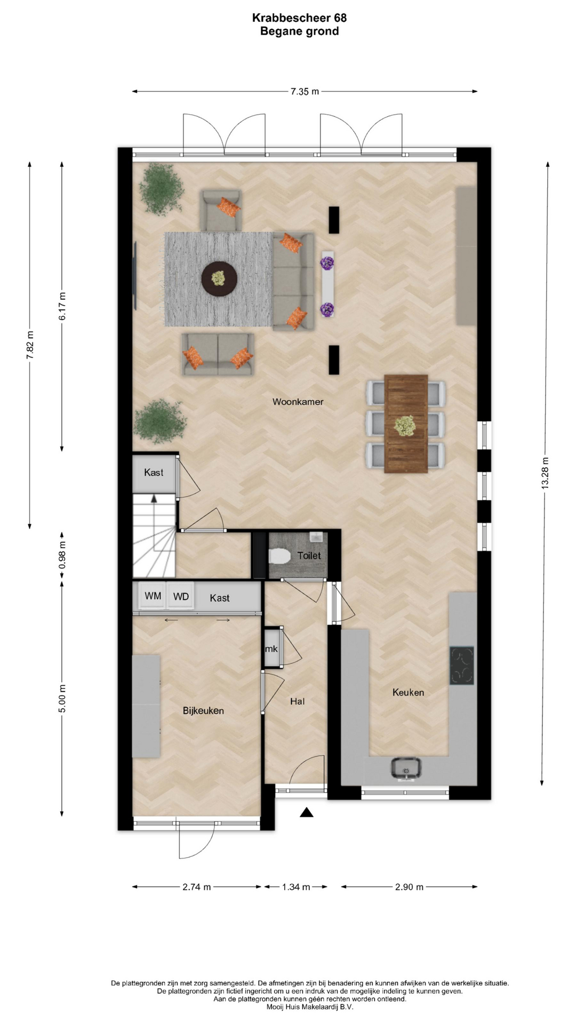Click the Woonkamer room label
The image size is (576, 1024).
pyautogui.click(x=298, y=402)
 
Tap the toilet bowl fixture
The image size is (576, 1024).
pyautogui.click(x=279, y=556)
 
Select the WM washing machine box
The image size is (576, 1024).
pyautogui.click(x=153, y=596)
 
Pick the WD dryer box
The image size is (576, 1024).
pyautogui.click(x=181, y=596)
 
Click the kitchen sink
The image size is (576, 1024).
pyautogui.click(x=406, y=768)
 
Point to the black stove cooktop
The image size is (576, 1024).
pyautogui.click(x=462, y=665)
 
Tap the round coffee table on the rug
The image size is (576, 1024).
pyautogui.click(x=219, y=278)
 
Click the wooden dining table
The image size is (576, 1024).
pyautogui.click(x=406, y=423)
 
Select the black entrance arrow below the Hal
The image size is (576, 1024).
pyautogui.click(x=306, y=812)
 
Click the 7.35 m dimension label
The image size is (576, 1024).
pyautogui.click(x=305, y=91)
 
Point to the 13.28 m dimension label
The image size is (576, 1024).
pyautogui.click(x=545, y=473)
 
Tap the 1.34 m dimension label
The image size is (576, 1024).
pyautogui.click(x=296, y=887)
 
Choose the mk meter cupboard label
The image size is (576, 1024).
pyautogui.click(x=271, y=649)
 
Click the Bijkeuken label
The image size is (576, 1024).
pyautogui.click(x=203, y=710)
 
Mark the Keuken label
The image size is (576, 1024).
pyautogui.click(x=409, y=692)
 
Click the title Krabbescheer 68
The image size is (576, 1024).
pyautogui.click(x=299, y=18)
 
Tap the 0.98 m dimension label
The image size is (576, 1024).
pyautogui.click(x=62, y=555)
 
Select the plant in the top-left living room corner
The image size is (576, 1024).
pyautogui.click(x=161, y=189)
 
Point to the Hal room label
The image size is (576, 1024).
pyautogui.click(x=298, y=701)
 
